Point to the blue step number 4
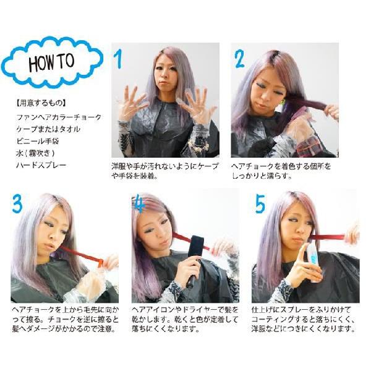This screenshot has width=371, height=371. [139, 203]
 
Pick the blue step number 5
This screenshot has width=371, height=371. [260, 203]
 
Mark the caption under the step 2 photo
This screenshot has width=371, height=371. [281, 171]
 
